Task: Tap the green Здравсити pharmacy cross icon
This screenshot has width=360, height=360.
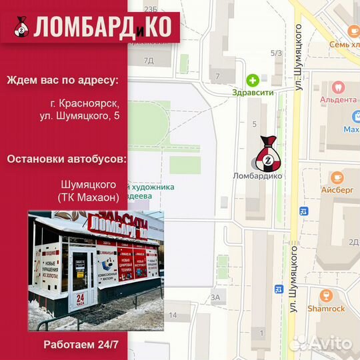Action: (x=253, y=81)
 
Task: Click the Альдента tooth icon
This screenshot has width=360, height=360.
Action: (x=338, y=87)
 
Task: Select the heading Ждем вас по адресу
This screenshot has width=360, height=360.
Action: (x=63, y=81)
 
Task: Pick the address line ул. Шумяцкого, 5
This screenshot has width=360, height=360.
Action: (x=79, y=117)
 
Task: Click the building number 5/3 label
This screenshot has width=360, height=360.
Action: (x=276, y=53)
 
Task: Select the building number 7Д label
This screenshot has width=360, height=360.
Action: (x=149, y=61)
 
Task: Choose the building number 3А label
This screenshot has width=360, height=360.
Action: (x=215, y=297)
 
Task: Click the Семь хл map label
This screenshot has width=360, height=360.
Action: (x=343, y=45)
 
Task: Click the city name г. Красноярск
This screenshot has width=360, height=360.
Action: (x=85, y=103)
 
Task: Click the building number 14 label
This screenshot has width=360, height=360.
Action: (x=173, y=315)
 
